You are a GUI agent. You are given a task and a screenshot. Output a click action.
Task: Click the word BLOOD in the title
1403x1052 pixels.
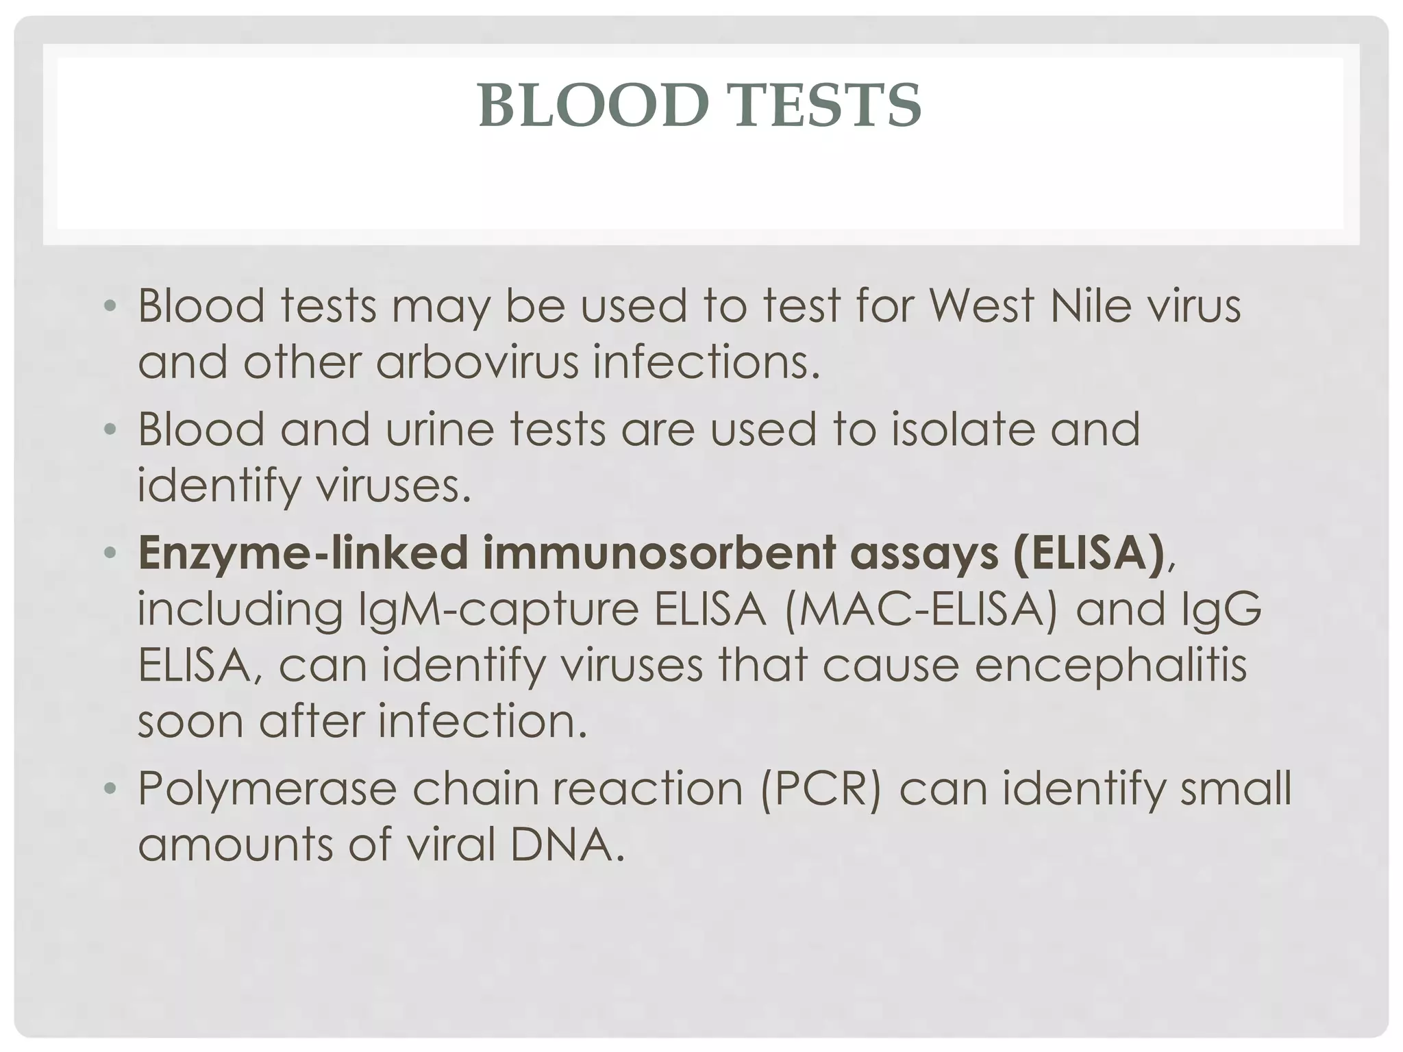tap(593, 105)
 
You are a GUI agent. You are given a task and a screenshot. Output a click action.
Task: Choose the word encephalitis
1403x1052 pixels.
tap(1110, 665)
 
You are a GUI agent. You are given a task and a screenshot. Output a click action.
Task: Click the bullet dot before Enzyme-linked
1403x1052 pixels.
tap(110, 553)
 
